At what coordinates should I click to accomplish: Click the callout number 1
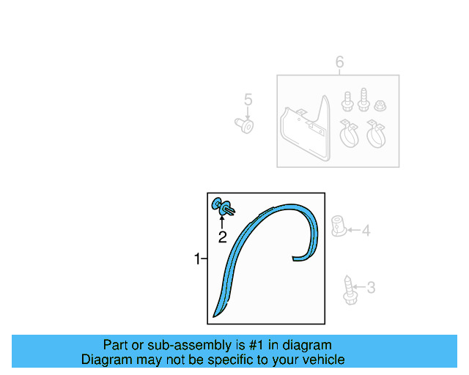tap(196, 259)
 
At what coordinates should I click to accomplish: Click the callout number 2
tap(222, 237)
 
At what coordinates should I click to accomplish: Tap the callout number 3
tap(371, 288)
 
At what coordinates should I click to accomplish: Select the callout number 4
tap(366, 231)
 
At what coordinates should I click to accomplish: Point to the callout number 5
tap(248, 100)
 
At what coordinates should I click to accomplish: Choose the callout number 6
tap(339, 63)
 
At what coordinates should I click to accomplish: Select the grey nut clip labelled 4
tap(339, 227)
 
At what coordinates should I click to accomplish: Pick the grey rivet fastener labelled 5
tap(247, 126)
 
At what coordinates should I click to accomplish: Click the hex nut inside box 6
tap(380, 105)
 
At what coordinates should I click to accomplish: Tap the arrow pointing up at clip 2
tap(222, 221)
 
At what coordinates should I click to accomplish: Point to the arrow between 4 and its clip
tap(352, 231)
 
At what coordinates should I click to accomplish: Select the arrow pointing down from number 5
tap(248, 113)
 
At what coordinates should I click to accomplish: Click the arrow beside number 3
tap(360, 288)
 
